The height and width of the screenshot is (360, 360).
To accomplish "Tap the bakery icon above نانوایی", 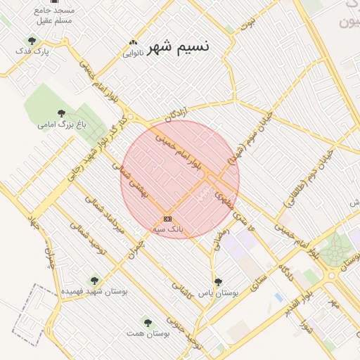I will click(x=134, y=42).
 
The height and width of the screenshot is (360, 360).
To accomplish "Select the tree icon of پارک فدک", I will click(x=32, y=41).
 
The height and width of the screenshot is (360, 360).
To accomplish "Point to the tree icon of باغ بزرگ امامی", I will click(x=62, y=113).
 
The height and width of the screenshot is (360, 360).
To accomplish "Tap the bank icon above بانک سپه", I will click(x=167, y=219).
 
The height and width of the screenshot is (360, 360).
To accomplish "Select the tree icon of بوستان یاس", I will click(x=218, y=281).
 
